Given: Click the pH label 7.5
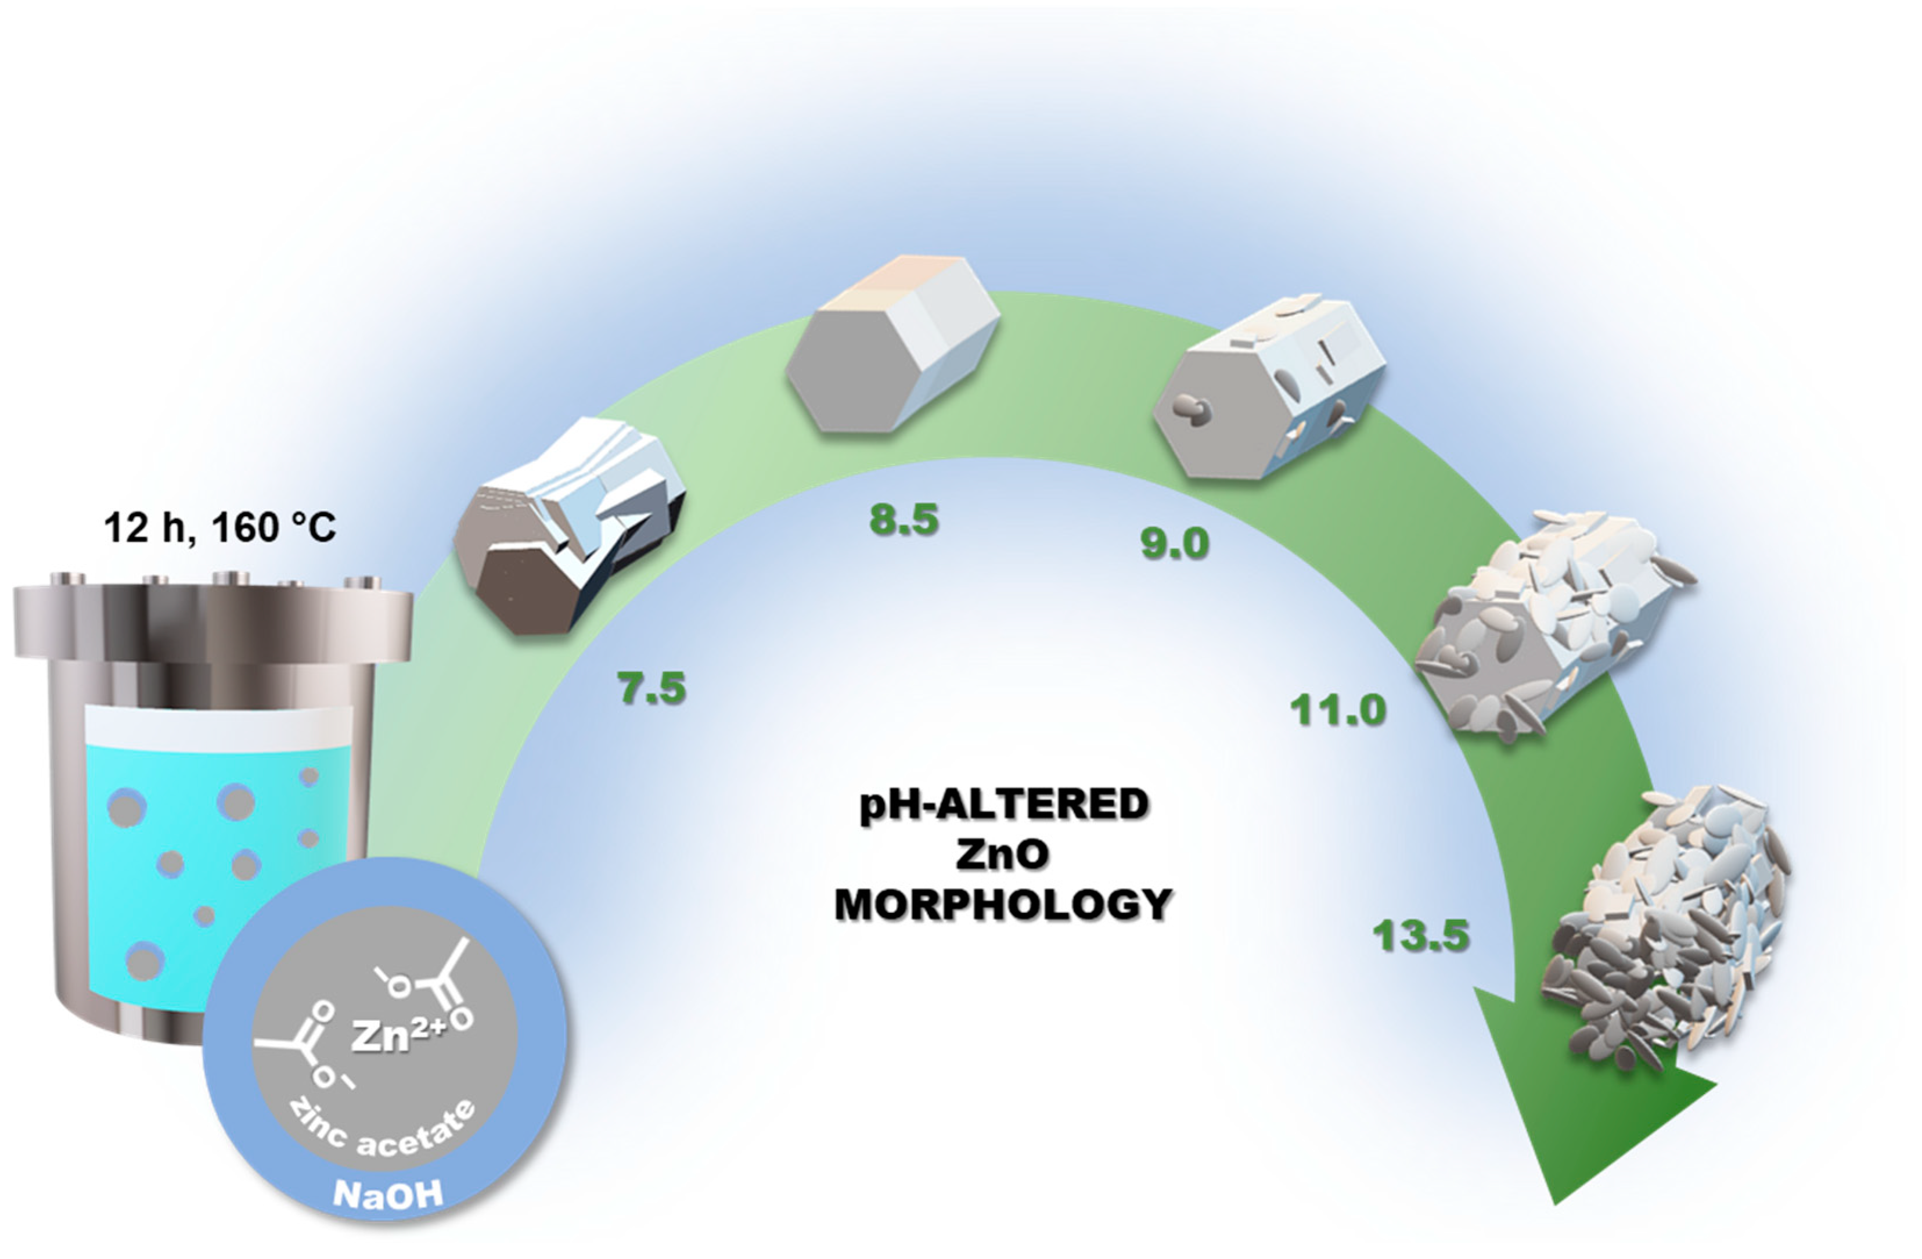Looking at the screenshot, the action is point(651,688).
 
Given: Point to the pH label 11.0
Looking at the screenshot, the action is point(1337,710).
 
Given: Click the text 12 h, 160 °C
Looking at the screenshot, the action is point(219,528).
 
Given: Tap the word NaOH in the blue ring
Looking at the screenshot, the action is point(388,1193).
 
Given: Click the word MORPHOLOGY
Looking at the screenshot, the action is point(1003,905).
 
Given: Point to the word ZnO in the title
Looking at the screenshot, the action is point(1003,854).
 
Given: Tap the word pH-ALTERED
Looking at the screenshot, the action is point(1003,804).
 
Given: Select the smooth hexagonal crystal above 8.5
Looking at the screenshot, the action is point(892,346).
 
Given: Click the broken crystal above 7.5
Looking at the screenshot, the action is point(569,524).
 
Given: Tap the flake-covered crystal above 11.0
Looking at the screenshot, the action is point(1550,626).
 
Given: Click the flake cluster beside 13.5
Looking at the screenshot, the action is point(1664,929).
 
